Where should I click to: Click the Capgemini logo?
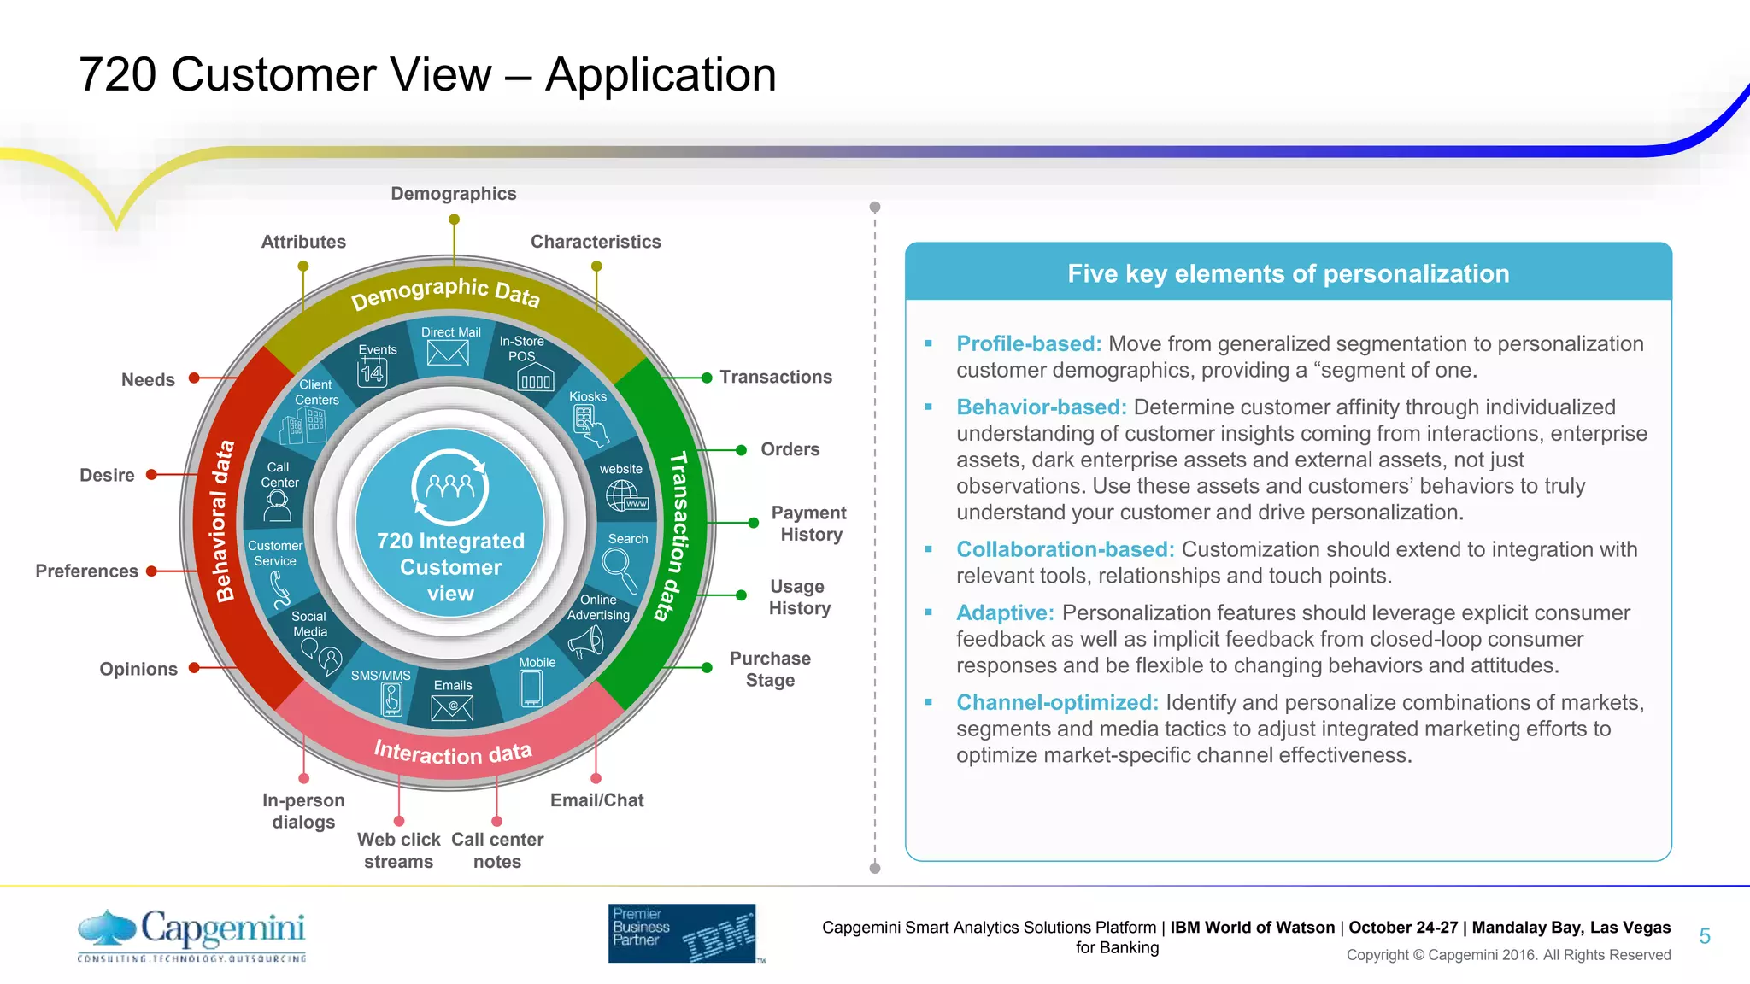point(192,934)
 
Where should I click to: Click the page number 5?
point(1704,936)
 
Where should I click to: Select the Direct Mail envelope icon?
point(448,353)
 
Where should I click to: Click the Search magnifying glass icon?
point(620,569)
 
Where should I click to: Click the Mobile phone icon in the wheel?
point(531,688)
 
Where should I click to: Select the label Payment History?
point(808,524)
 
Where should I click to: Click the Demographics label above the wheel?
point(454,194)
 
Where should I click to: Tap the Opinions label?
point(138,669)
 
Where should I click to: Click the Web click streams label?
point(398,850)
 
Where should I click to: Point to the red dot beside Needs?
point(194,378)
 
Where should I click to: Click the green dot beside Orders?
point(741,450)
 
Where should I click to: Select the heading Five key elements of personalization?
point(1288,273)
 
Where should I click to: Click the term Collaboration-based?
point(1065,549)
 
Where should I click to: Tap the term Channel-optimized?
point(1057,702)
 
